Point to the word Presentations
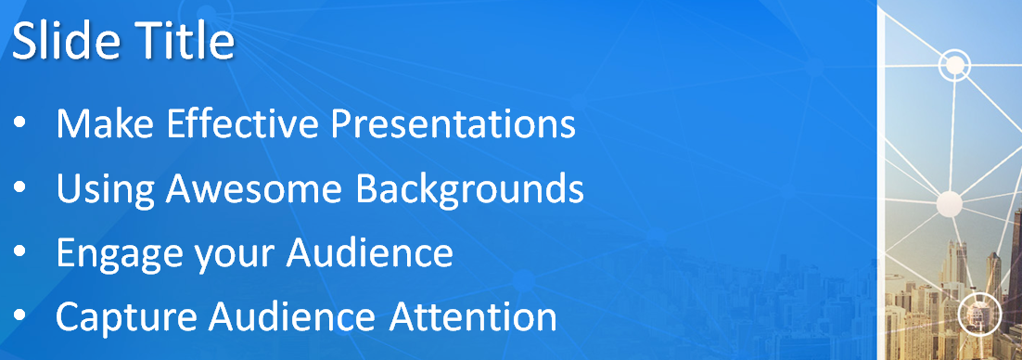[454, 123]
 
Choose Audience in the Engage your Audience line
[369, 251]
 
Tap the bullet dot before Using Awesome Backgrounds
[19, 187]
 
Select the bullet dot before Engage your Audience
[19, 252]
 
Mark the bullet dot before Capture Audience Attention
[19, 316]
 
